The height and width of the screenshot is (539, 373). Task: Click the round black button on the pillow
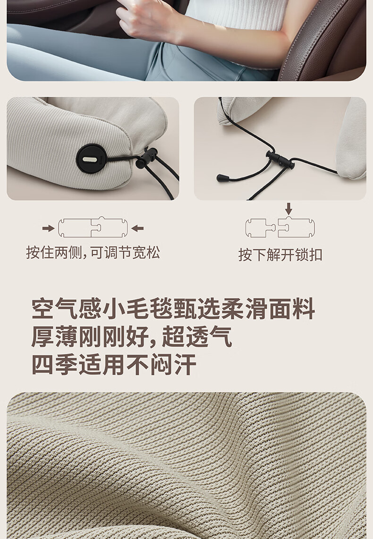point(92,159)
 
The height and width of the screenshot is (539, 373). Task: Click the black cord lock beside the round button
point(146,158)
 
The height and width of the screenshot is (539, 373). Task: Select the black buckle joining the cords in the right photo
point(281,160)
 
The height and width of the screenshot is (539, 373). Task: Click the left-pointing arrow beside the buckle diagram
point(137,228)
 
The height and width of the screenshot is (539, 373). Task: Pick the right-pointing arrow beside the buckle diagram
point(49,228)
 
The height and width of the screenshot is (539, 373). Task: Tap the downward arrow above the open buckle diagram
point(289,208)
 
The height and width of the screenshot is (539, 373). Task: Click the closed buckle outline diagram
point(93,227)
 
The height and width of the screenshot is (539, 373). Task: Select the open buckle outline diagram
point(280,227)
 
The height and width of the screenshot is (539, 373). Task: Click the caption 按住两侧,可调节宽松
point(93,253)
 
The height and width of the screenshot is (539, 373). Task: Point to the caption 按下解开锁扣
point(280,255)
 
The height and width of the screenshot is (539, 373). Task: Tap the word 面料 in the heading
point(292,309)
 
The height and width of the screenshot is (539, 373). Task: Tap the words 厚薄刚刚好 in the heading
point(90,337)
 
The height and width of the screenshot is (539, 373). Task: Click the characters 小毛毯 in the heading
point(137,309)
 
